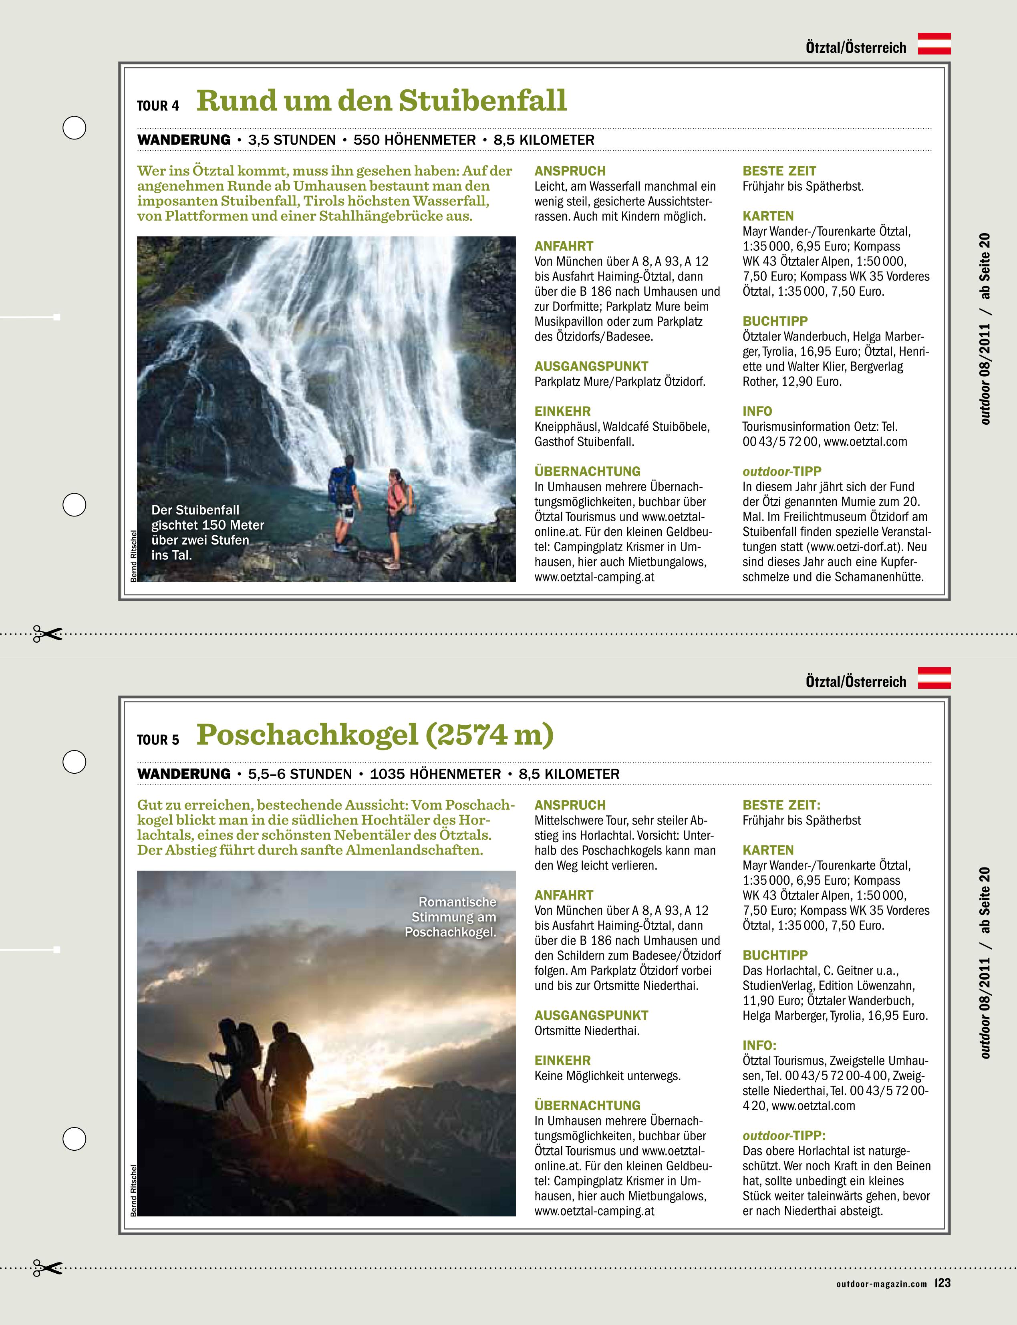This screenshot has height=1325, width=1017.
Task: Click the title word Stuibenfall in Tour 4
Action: point(483,101)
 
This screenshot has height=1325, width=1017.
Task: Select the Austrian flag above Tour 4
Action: point(934,44)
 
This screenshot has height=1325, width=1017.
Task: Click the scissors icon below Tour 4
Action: point(47,634)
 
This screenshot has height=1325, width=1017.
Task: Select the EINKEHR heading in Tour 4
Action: point(562,411)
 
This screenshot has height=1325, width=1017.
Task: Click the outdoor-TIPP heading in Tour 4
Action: point(781,471)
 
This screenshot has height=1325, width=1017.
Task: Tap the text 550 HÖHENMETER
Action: point(415,140)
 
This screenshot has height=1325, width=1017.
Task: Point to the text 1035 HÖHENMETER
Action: point(435,774)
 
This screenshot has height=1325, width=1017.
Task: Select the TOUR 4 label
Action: point(158,106)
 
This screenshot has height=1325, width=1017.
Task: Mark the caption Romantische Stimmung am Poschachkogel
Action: point(451,917)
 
